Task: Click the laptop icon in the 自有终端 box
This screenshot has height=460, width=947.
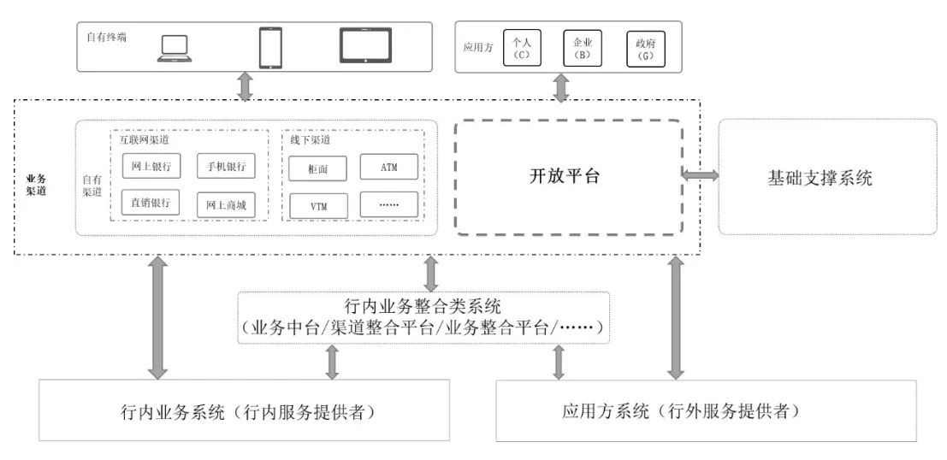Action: pos(175,49)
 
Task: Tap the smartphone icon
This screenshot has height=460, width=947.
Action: pos(270,47)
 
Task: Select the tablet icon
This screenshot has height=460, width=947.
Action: pos(365,46)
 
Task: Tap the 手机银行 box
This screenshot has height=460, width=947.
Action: pos(226,166)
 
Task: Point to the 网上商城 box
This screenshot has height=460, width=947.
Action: pos(226,205)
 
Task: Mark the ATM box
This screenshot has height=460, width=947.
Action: pos(389,168)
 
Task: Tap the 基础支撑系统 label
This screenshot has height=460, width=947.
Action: pos(820,178)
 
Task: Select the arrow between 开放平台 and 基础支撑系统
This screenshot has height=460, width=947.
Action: pos(700,175)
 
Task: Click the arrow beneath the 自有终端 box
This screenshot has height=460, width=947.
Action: pos(246,86)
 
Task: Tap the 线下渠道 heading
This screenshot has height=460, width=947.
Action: pos(308,139)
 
